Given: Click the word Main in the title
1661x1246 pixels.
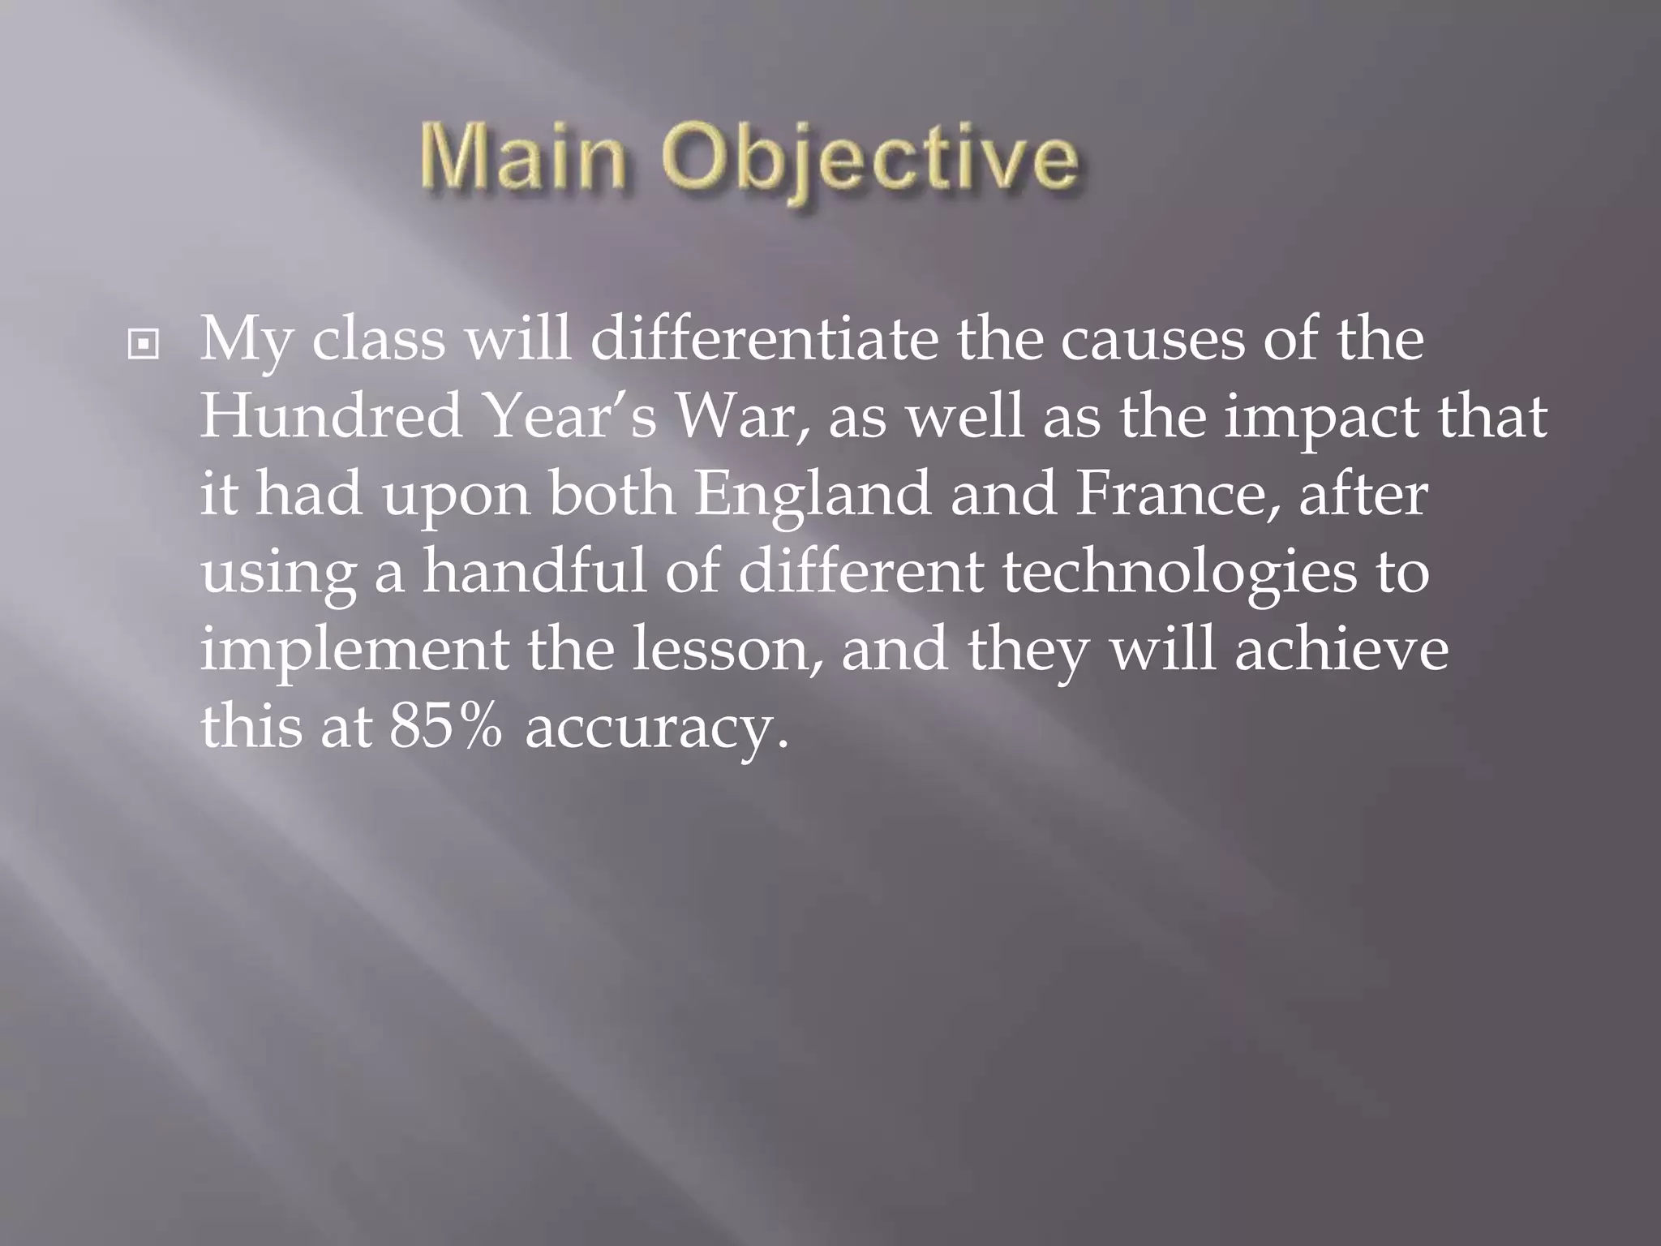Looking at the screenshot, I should click(x=524, y=158).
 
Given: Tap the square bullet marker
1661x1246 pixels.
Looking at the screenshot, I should click(x=144, y=346).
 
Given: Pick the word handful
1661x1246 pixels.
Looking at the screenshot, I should click(x=534, y=571).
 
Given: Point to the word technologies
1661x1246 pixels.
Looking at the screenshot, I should click(x=1180, y=573).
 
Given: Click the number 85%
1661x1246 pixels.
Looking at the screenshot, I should click(x=446, y=727).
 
